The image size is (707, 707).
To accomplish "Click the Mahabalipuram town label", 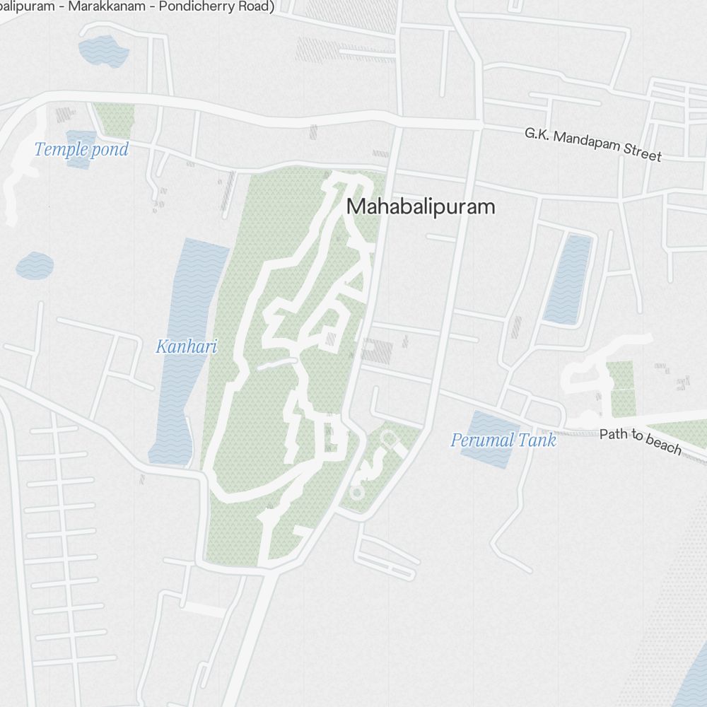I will pos(421,207).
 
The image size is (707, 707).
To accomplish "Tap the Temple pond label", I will pos(81,149).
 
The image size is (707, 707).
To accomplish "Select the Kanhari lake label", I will pos(186,346).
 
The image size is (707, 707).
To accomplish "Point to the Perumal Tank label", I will pos(503,440).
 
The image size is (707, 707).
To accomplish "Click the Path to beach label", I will pos(641,441).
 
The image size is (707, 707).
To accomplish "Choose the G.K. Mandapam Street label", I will pos(592,144).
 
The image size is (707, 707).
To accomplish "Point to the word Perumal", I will pos(482,440).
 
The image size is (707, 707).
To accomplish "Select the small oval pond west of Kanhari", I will pos(35,266).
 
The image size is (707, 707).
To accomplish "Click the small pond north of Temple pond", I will pos(103,52).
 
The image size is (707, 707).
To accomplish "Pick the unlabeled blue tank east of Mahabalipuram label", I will pos(568,279).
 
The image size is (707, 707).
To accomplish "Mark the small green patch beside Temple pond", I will pos(115,119).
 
